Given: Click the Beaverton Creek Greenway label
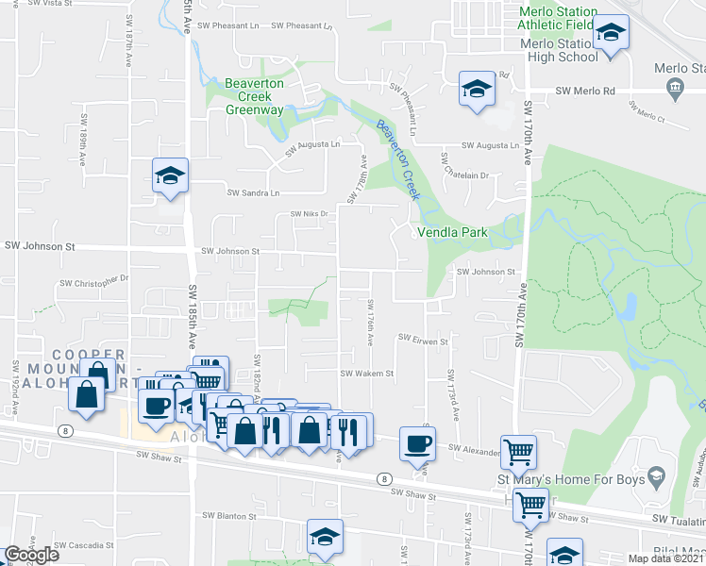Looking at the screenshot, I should pos(254,97).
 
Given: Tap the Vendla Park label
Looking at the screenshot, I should pos(449,232).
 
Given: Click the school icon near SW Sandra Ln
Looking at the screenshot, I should pos(171,175).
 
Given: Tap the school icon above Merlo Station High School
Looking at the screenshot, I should pos(611,35).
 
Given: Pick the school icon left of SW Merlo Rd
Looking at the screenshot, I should pos(477,90).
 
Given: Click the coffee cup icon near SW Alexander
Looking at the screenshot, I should pos(417,443).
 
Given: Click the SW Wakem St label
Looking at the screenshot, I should pos(366,374).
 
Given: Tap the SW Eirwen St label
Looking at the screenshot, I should pos(420,338).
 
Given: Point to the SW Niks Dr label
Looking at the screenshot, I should pos(308,214).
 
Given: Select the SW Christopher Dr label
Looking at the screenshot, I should pos(93,281).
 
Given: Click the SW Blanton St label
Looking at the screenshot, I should pos(229,517).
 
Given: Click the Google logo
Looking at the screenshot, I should pos(31,554).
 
